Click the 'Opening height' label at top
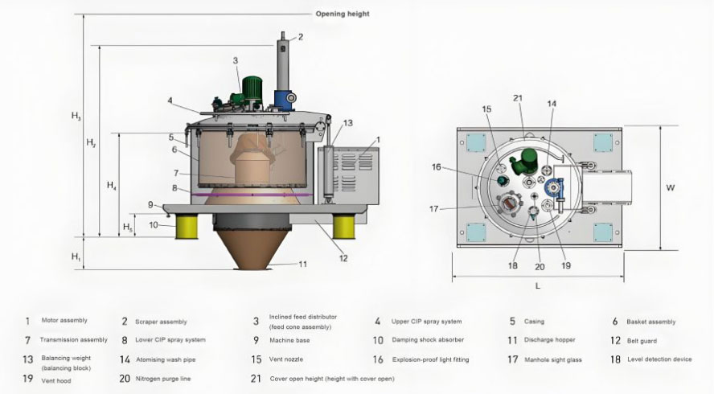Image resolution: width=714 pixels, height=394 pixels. [x=343, y=14]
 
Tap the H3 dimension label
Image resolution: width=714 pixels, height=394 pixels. [x=76, y=117]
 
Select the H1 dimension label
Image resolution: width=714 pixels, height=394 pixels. [x=76, y=257]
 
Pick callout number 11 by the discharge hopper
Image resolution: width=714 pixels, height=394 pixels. [x=302, y=264]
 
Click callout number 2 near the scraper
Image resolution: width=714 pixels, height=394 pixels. [x=300, y=36]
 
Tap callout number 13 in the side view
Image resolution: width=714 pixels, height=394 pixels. [x=347, y=123]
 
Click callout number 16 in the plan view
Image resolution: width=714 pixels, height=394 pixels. [x=459, y=167]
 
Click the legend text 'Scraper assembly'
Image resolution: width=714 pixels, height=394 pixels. [x=161, y=322]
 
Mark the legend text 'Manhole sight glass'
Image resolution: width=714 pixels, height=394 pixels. [x=553, y=359]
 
